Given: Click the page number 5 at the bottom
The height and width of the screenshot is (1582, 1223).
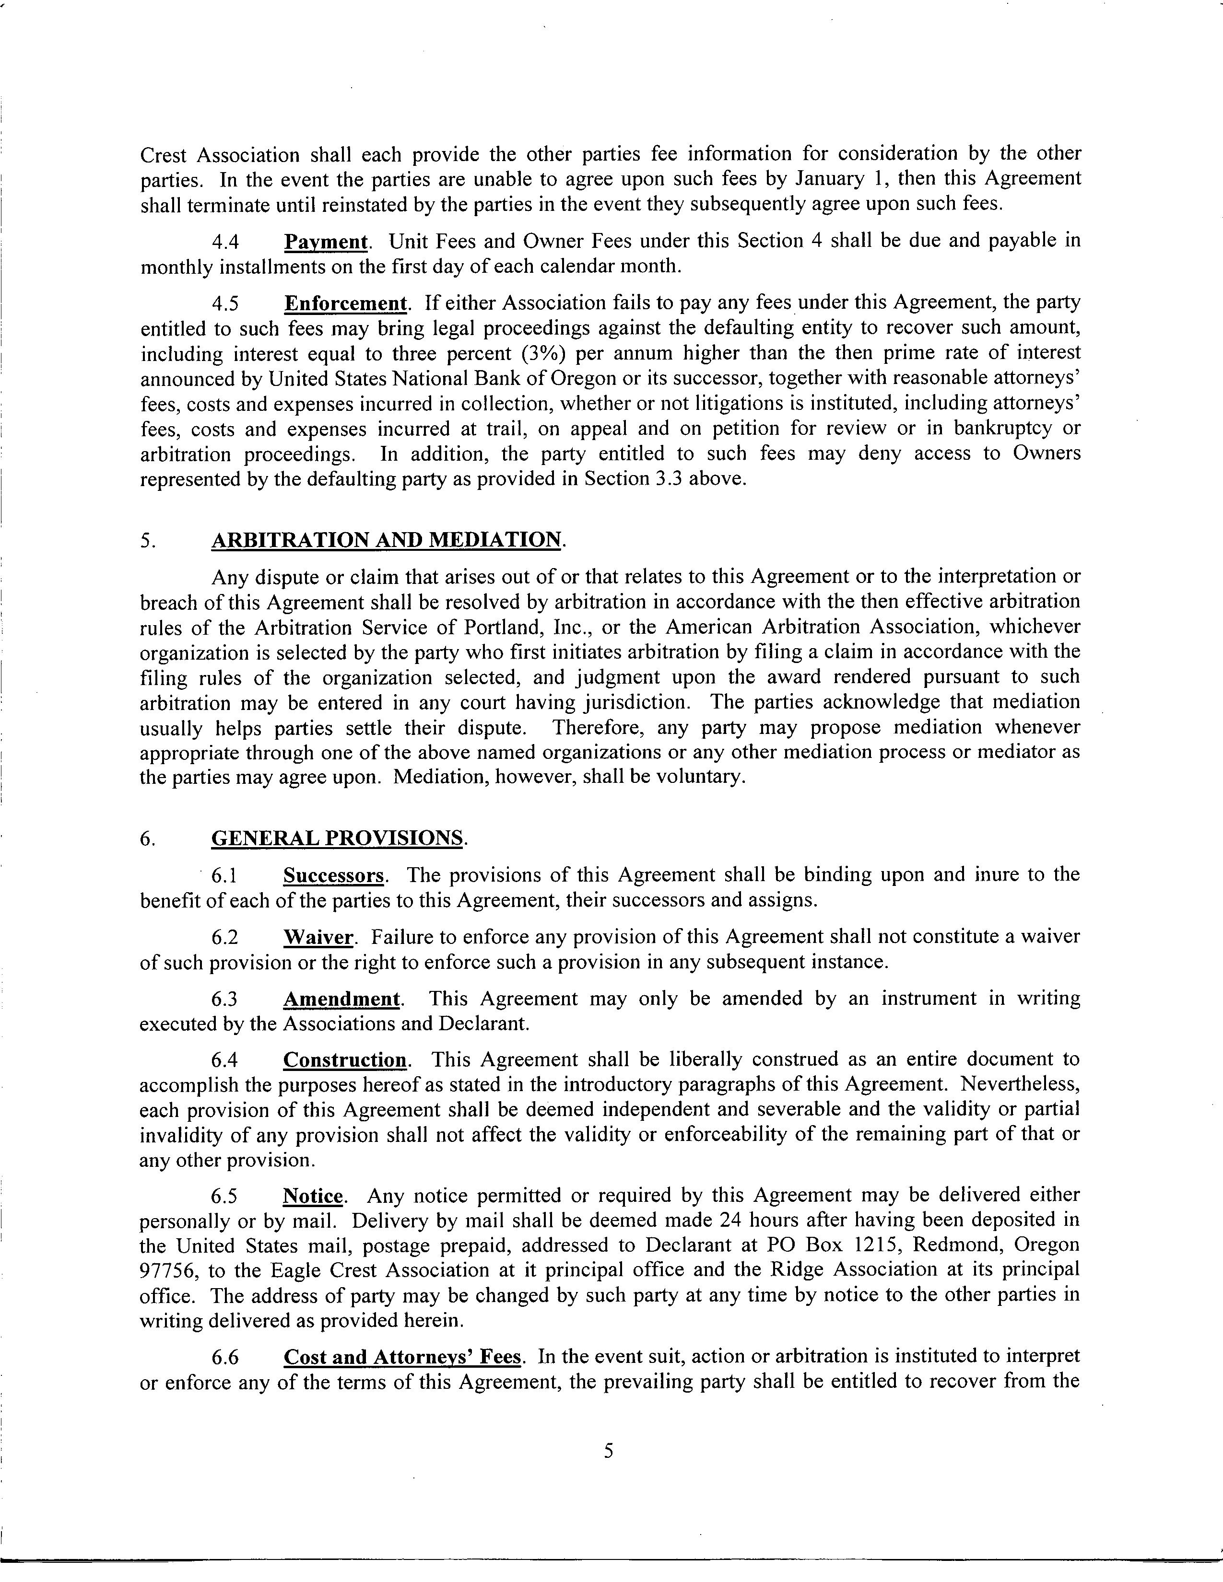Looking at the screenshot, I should pos(609,1449).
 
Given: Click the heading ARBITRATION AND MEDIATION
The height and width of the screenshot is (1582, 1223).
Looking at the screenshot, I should pos(386,540).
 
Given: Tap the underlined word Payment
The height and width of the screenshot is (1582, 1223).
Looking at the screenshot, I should pos(325,241).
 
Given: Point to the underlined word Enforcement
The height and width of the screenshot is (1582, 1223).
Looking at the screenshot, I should pos(345,303).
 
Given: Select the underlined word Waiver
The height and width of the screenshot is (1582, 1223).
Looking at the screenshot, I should pos(318,937).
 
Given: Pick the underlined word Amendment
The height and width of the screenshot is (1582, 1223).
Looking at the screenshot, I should pos(341,999).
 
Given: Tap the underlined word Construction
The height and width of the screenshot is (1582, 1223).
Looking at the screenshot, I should pos(345,1060).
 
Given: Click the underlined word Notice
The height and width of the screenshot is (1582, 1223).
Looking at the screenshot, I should pos(313,1195).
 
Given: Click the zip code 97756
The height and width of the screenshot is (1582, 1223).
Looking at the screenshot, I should pos(167,1270).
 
